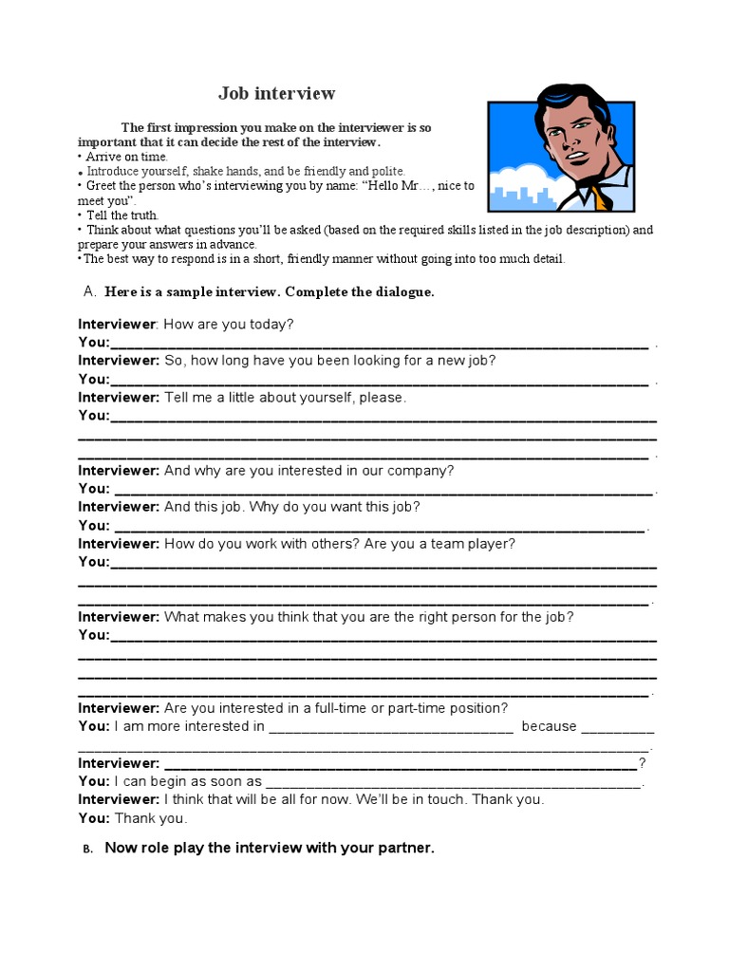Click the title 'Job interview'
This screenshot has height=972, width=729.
276,93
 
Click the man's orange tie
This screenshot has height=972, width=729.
597,197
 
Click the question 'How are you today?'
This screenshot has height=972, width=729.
229,325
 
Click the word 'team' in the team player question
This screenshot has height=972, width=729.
450,544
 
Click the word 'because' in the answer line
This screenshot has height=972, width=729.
549,726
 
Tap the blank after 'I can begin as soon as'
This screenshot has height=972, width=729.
453,783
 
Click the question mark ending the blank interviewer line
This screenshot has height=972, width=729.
643,763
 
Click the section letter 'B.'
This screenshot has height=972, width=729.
86,850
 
